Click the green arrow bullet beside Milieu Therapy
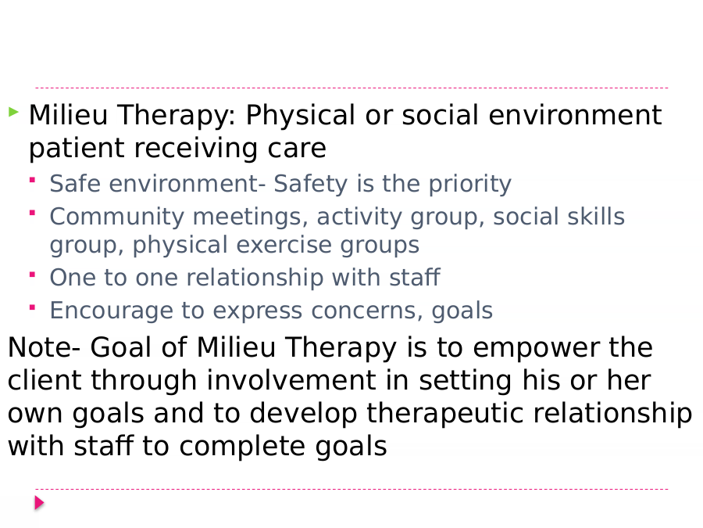(x=13, y=112)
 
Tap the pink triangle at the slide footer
(x=40, y=502)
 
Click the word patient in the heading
(x=77, y=149)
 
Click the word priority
(x=469, y=184)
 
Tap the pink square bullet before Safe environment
(x=32, y=180)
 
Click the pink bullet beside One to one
(x=32, y=275)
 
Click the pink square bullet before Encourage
(x=32, y=307)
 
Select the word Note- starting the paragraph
(x=45, y=347)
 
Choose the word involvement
(x=308, y=380)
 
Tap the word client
(x=45, y=380)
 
